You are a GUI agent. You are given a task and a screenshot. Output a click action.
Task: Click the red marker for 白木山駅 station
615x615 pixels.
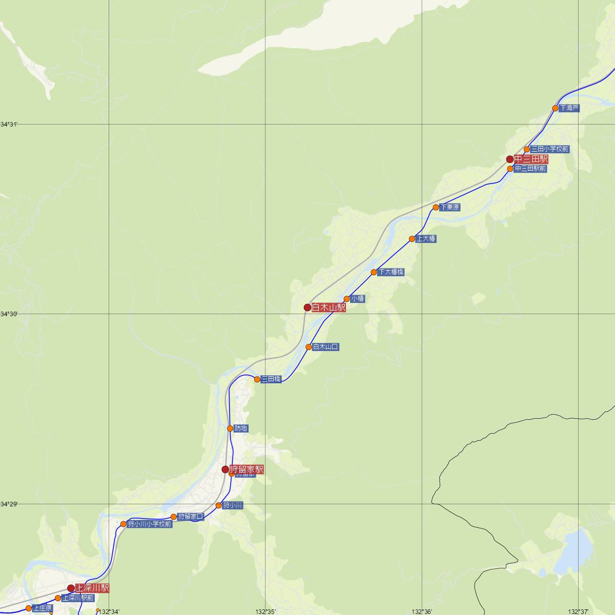click(307, 307)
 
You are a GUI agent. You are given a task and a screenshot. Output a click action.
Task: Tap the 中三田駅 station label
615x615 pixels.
click(531, 159)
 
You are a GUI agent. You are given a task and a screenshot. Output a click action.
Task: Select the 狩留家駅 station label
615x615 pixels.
click(246, 469)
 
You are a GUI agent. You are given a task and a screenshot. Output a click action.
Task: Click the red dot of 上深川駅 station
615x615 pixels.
click(71, 588)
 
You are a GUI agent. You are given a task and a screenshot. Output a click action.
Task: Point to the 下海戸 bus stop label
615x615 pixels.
click(569, 108)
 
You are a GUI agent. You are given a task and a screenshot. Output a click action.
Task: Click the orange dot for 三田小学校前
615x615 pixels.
click(526, 149)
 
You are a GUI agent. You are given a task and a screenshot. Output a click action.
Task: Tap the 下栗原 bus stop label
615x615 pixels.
click(449, 208)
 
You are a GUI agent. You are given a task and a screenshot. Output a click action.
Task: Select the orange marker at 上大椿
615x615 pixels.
click(412, 239)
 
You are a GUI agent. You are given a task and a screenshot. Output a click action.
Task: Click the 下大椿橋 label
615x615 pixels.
click(391, 272)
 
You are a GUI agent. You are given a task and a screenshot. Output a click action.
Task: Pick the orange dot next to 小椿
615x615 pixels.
click(346, 299)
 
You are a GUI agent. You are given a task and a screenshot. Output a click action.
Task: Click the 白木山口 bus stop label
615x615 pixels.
click(325, 347)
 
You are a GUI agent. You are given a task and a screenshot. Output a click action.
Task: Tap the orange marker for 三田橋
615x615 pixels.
click(257, 379)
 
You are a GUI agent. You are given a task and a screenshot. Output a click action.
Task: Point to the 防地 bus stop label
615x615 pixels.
click(241, 428)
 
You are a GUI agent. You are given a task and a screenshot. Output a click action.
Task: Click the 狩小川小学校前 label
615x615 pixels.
click(149, 524)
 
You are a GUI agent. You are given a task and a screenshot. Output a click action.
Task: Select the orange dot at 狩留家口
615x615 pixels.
click(174, 517)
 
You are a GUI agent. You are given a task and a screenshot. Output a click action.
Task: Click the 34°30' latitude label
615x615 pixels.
click(9, 314)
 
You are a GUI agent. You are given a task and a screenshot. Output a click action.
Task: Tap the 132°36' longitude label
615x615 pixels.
click(421, 611)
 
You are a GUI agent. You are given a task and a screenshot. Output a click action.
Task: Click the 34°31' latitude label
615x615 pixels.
click(9, 125)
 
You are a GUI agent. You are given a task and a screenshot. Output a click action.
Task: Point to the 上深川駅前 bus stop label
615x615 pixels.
click(78, 598)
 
